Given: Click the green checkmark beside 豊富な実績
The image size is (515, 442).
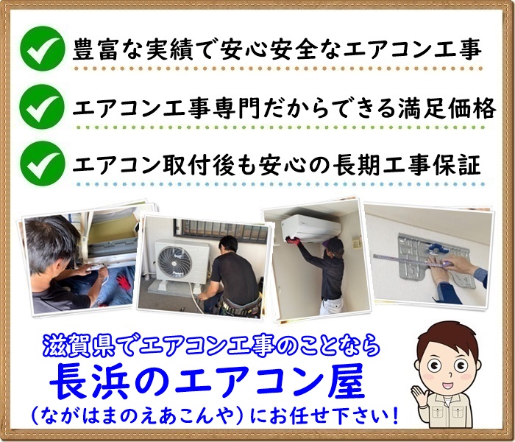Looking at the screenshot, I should click(43, 49).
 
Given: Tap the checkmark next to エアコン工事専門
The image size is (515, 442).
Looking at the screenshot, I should click(43, 106).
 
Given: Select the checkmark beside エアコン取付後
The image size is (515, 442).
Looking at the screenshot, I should click(43, 163).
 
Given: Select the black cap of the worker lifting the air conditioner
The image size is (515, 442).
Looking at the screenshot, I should click(335, 243).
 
